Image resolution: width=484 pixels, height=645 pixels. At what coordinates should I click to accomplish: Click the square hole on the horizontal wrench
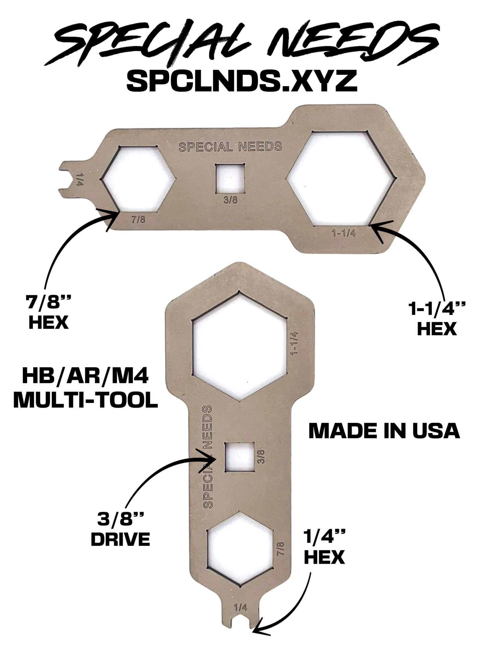point(230,178)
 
